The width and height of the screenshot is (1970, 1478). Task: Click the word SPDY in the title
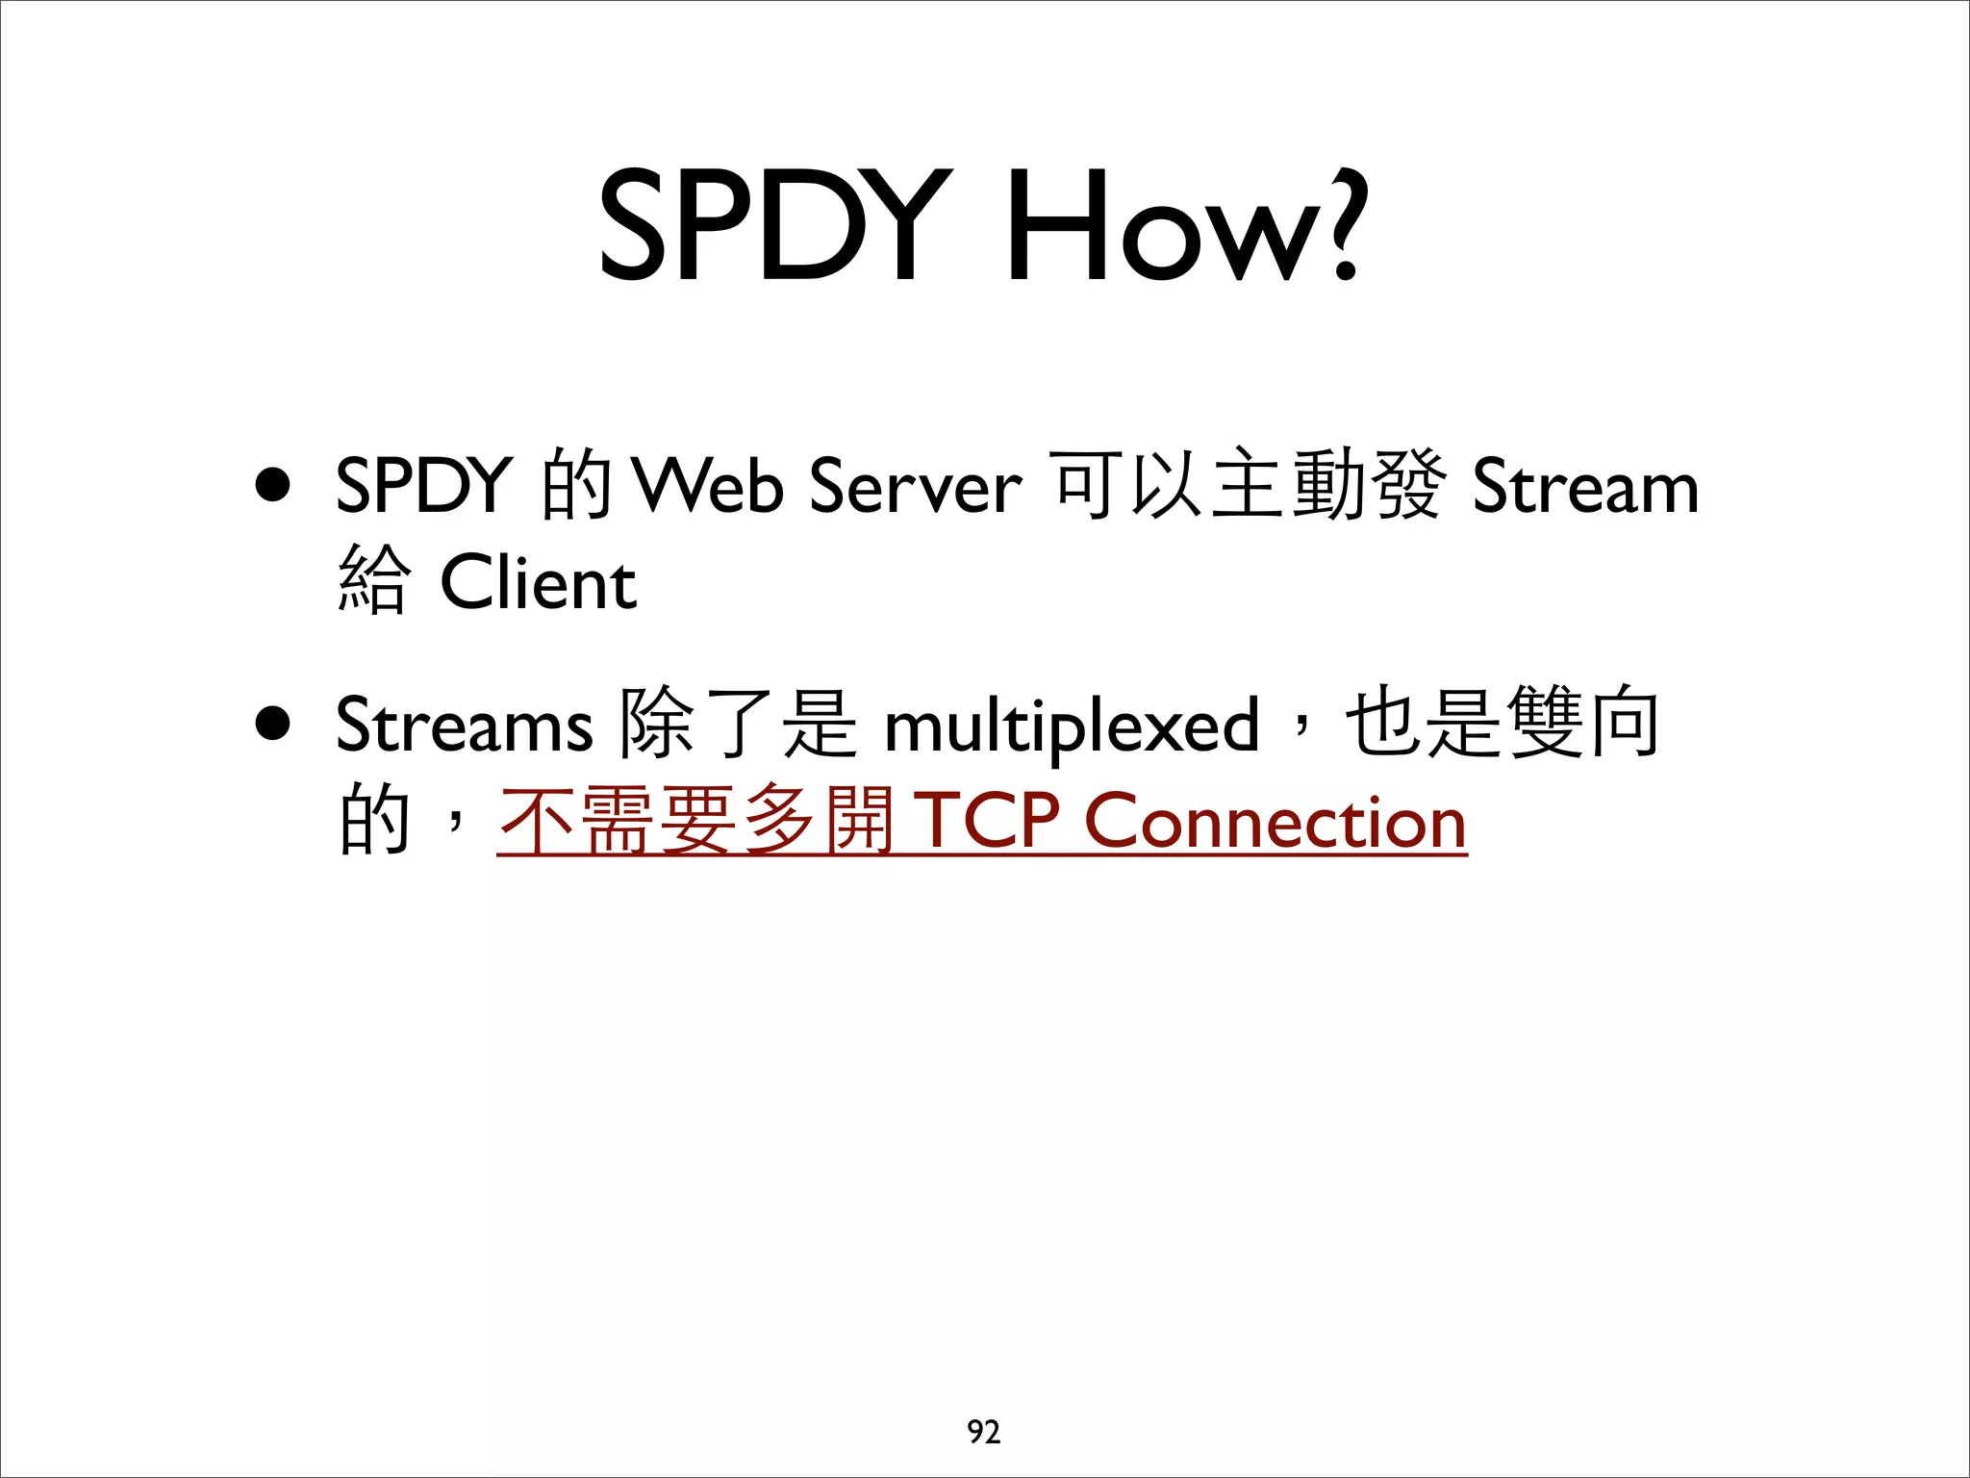775,225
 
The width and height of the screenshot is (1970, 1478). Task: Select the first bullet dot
273,486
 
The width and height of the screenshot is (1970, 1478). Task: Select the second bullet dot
273,724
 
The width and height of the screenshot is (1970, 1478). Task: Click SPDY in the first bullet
423,486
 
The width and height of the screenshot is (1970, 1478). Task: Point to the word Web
707,486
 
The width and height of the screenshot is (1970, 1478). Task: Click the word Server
915,486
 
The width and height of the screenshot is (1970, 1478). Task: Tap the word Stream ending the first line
1585,486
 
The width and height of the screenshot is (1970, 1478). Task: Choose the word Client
539,583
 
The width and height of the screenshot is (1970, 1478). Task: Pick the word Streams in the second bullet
464,725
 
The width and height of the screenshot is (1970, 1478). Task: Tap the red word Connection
1275,823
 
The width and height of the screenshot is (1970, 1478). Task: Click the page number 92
984,1432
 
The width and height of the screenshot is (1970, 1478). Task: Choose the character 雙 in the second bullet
1545,722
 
